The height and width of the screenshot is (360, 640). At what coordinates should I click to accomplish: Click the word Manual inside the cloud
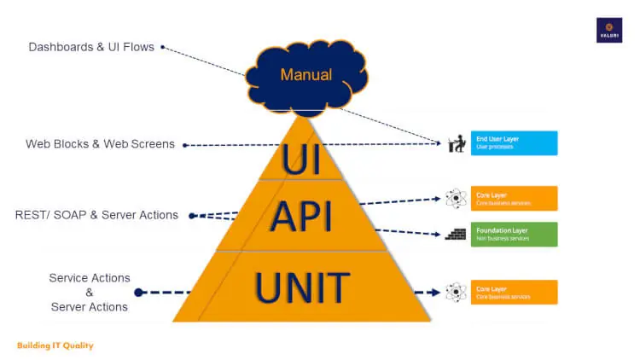coord(306,74)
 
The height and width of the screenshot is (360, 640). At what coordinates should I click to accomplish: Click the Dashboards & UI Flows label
coord(91,47)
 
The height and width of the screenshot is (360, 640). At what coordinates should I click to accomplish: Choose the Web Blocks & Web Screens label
coord(100,144)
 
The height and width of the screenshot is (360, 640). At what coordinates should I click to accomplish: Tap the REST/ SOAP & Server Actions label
coord(96,215)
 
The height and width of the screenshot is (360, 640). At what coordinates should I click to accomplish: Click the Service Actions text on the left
coord(90,278)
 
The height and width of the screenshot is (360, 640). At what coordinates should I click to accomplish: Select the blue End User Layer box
coord(514,143)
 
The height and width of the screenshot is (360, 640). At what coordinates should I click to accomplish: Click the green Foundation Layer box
coord(514,234)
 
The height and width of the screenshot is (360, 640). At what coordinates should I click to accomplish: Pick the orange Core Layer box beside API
coord(514,198)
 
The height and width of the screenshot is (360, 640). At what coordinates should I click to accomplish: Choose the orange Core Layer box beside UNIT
coord(514,292)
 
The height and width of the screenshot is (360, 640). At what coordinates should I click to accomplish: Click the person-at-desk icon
coord(456,144)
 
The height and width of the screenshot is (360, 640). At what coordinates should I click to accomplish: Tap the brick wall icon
coord(456,233)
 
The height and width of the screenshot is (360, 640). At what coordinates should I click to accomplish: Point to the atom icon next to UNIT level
coord(456,292)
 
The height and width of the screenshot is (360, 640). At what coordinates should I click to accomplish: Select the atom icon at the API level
coord(456,199)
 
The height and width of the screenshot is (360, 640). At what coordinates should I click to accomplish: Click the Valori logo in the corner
coord(608,30)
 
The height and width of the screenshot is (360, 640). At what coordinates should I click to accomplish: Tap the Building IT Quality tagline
coord(55,345)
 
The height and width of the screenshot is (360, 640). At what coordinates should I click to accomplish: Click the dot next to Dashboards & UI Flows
coord(162,47)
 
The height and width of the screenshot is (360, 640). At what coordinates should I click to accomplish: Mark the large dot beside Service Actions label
coord(139,293)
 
